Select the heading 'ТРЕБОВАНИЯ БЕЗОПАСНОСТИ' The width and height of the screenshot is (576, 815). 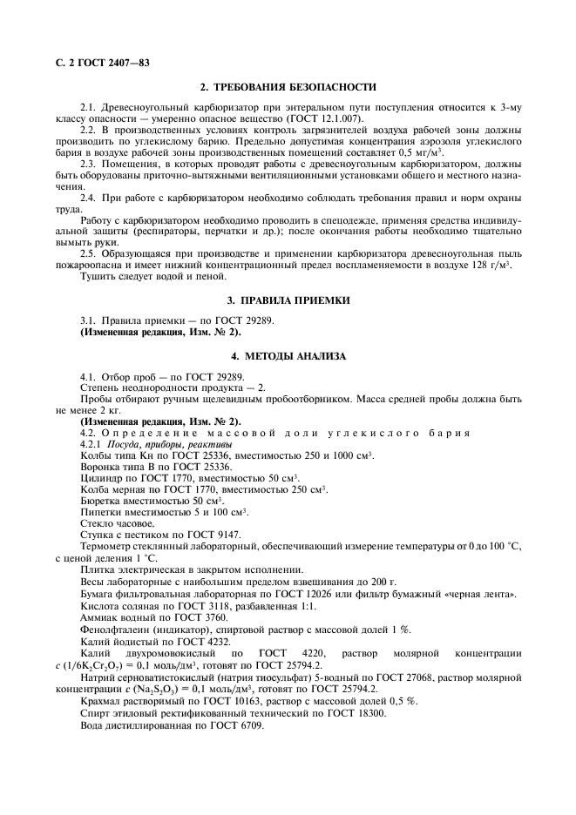pyautogui.click(x=296, y=87)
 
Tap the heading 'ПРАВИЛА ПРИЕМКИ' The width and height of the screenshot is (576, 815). pyautogui.click(x=296, y=300)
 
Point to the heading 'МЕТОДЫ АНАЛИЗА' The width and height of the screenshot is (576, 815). pyautogui.click(x=296, y=357)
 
